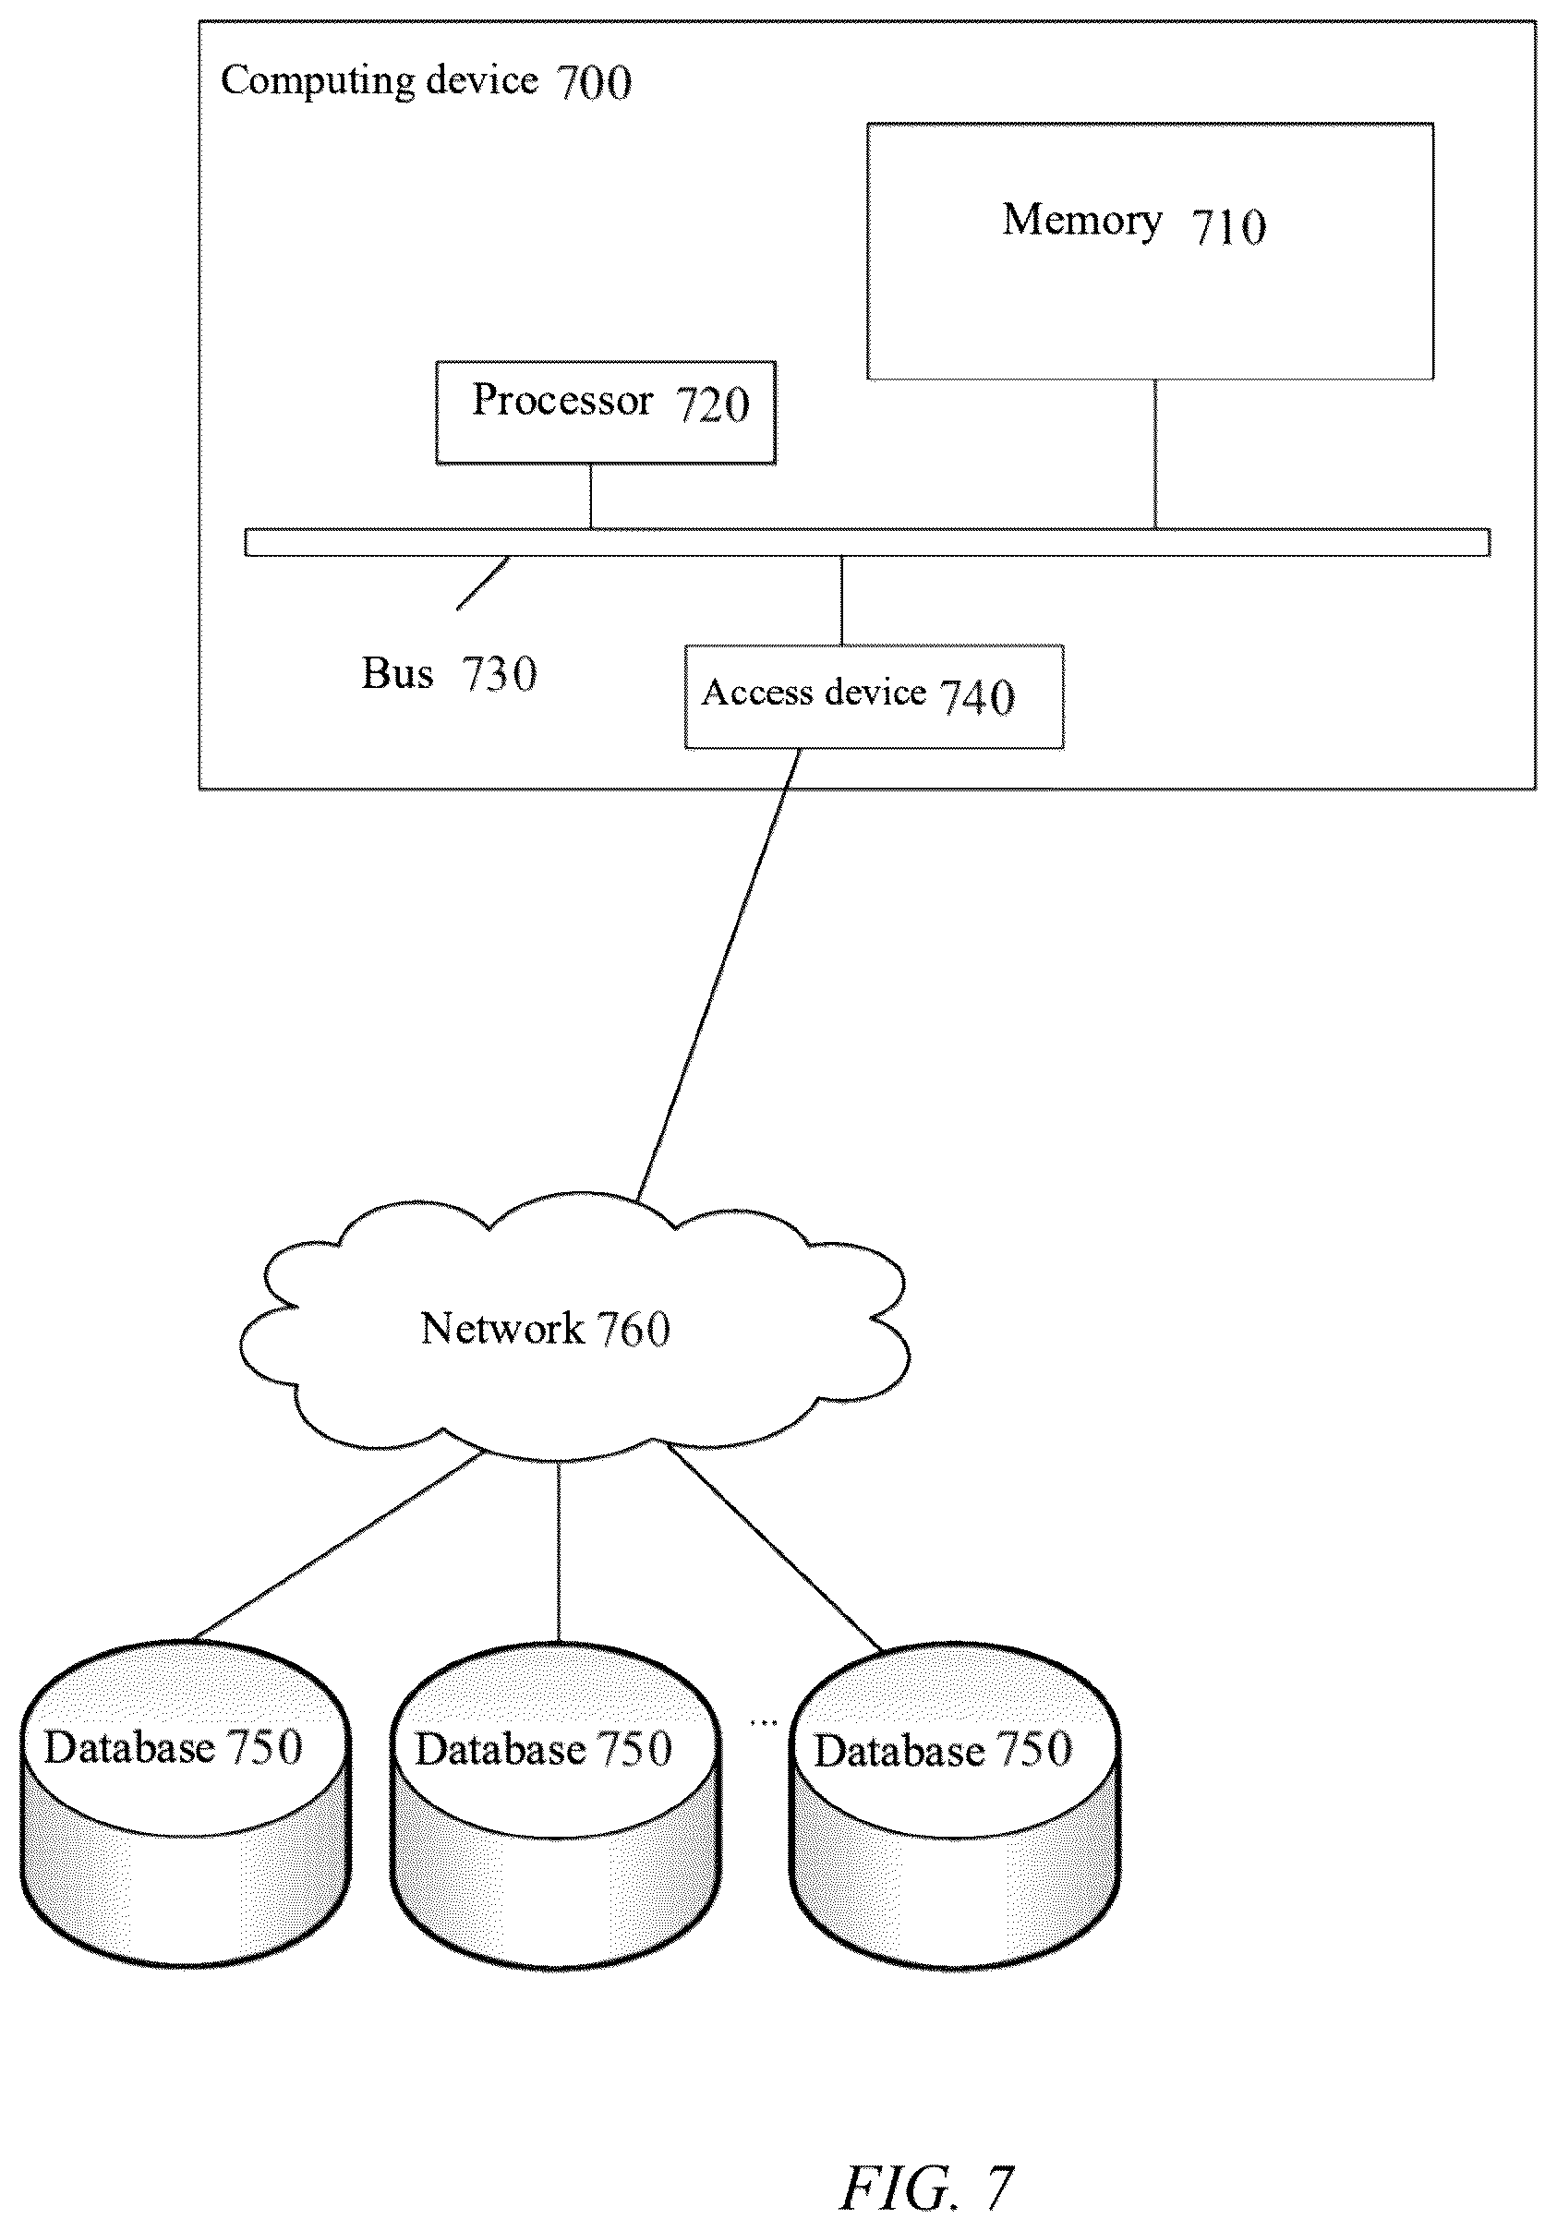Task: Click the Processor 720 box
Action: pos(606,413)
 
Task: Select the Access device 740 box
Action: pos(874,696)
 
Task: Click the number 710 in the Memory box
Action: pos(1229,227)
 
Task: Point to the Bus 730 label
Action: pos(449,673)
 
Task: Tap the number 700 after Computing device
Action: pos(594,81)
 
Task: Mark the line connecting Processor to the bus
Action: pos(590,497)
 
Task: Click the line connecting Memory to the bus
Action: pos(1154,453)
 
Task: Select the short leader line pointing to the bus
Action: pos(483,583)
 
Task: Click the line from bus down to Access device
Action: pos(841,600)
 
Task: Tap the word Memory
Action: pos(1081,222)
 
